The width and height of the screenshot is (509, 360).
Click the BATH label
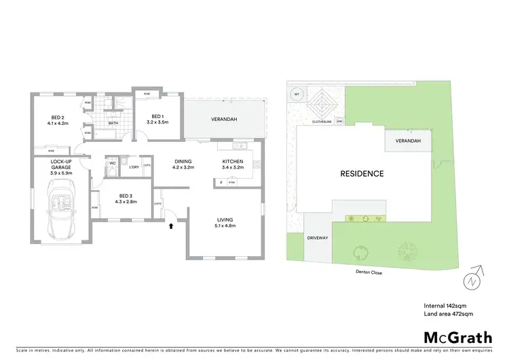pos(115,123)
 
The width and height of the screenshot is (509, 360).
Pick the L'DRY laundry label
pos(134,167)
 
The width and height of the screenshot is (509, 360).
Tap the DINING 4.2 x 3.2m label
pos(183,164)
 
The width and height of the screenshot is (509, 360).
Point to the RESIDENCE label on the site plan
pos(362,173)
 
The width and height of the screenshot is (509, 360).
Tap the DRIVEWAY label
pos(318,238)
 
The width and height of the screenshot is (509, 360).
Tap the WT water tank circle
pos(297,94)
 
